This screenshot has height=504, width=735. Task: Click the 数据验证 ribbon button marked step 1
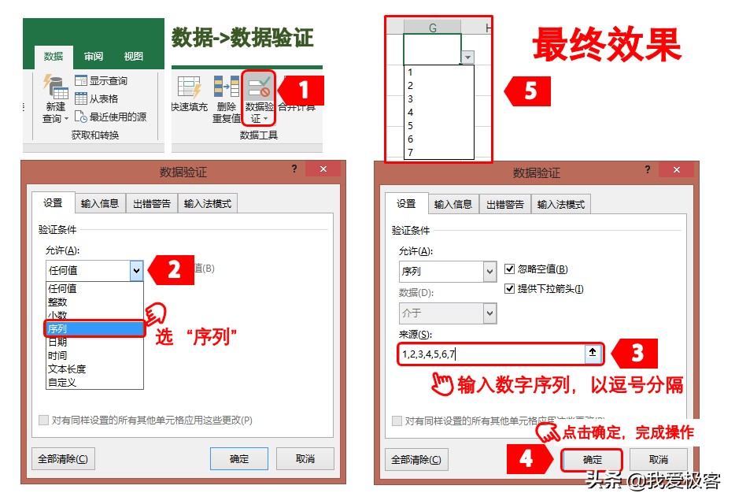pos(259,98)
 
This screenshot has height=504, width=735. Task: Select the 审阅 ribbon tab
pos(94,57)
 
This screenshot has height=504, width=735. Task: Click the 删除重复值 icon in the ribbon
pos(227,98)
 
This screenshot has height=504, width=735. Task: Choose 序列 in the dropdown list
pos(94,328)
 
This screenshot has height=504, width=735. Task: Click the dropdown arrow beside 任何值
pos(137,270)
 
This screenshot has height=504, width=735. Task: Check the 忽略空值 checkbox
pos(510,269)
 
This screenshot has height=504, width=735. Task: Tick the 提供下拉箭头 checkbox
pos(510,289)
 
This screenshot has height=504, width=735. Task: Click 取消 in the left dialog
pos(305,459)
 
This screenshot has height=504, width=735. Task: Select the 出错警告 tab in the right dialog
pos(506,204)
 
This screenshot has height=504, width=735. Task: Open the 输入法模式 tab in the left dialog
pos(208,204)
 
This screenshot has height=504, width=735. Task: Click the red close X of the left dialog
pos(323,169)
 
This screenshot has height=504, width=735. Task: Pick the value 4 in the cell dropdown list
pos(411,113)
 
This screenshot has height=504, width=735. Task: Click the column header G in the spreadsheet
pos(432,28)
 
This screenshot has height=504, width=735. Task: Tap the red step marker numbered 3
pos(635,354)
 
